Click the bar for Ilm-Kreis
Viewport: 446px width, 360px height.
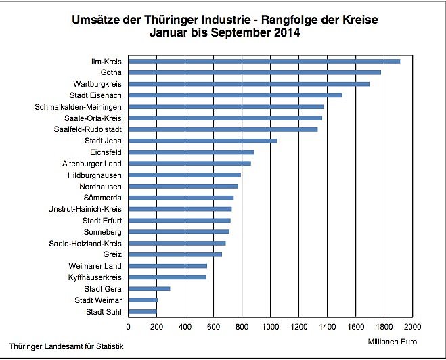click(x=264, y=61)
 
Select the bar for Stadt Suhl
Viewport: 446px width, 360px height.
click(x=142, y=311)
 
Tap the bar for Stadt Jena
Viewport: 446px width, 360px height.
click(x=202, y=141)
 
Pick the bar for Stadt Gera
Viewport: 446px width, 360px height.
click(x=149, y=289)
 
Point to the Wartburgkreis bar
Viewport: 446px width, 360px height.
click(x=248, y=84)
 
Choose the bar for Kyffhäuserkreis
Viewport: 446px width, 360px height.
click(x=167, y=277)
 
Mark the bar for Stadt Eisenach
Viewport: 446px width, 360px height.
click(x=235, y=95)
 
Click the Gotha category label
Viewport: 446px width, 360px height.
click(x=110, y=72)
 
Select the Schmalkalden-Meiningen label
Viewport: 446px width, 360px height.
click(x=79, y=107)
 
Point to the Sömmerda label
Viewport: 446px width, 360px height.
click(x=106, y=198)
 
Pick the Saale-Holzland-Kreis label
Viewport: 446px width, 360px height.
click(x=85, y=243)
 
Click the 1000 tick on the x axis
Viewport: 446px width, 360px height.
click(x=270, y=328)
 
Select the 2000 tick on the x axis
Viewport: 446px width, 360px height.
click(x=412, y=328)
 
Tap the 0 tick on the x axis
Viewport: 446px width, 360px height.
click(x=129, y=328)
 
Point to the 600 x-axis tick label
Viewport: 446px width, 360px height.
click(x=213, y=328)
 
